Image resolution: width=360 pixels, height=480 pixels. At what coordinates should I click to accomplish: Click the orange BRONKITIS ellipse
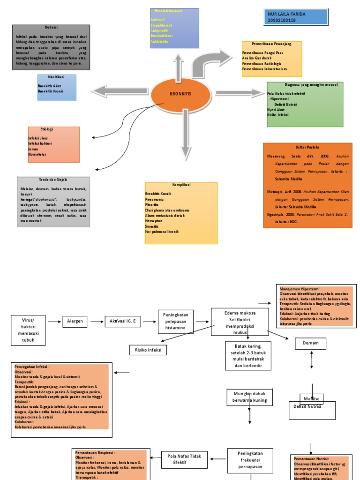tap(180, 94)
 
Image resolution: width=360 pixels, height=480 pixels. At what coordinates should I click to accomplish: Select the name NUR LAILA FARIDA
tap(286, 14)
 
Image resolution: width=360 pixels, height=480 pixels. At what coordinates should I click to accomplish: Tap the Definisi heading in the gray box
tap(51, 28)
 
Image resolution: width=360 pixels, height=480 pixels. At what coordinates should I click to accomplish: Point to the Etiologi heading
tap(47, 129)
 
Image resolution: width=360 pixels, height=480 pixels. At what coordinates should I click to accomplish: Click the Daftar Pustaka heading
tap(307, 147)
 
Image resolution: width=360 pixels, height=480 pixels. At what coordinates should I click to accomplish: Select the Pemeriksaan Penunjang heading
tap(271, 44)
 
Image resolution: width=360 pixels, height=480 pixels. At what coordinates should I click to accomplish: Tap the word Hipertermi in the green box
tap(280, 99)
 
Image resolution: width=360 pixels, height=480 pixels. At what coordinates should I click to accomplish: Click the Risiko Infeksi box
tap(148, 350)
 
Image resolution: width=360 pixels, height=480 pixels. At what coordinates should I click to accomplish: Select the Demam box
tap(310, 343)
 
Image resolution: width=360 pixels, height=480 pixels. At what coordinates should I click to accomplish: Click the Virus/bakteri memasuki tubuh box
tap(29, 330)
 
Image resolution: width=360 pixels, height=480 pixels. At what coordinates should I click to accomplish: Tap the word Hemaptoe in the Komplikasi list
tap(154, 220)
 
